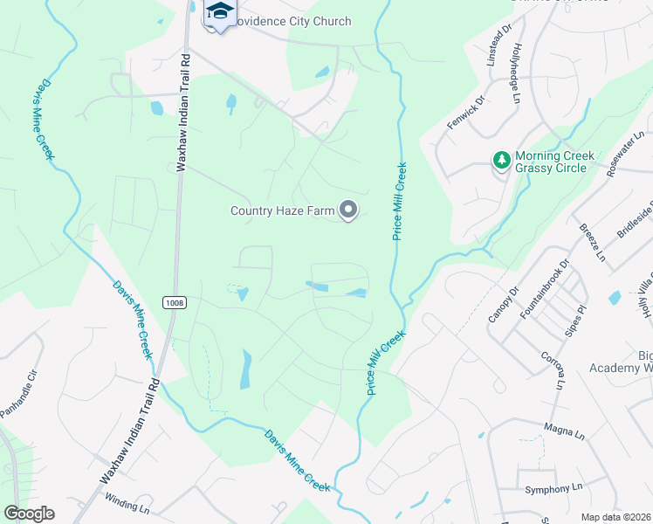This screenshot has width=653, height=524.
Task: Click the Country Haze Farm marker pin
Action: click(348, 210)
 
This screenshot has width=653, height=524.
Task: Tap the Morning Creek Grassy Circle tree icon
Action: click(501, 160)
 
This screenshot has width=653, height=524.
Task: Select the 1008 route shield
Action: click(174, 302)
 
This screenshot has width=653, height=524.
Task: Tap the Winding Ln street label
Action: click(127, 502)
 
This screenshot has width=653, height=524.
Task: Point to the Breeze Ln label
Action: click(592, 242)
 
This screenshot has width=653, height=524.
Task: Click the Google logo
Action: click(29, 514)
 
